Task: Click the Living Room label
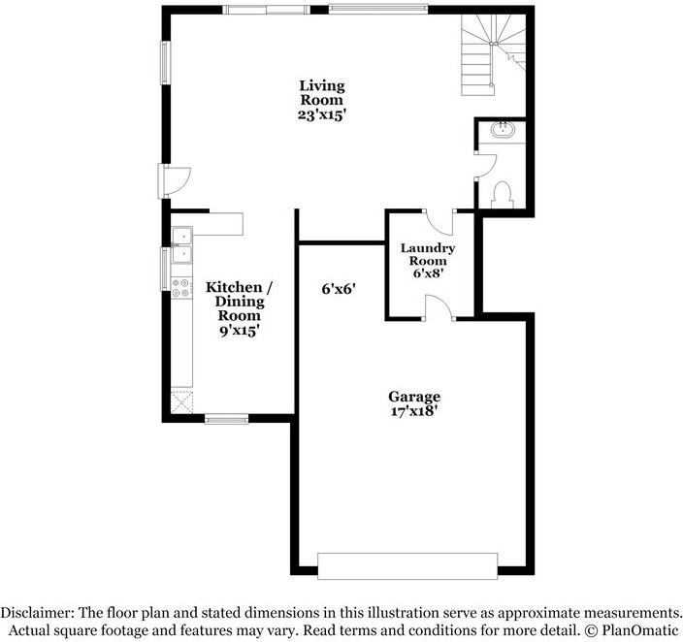click(320, 93)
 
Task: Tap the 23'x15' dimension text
click(322, 114)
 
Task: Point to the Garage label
click(414, 397)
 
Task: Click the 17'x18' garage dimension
click(414, 411)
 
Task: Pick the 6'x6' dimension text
click(341, 288)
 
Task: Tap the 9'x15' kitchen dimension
click(239, 331)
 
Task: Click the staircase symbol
click(491, 58)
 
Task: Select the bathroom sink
click(504, 131)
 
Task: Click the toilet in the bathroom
click(503, 194)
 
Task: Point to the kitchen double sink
click(181, 244)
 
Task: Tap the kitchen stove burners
click(181, 286)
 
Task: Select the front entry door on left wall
click(175, 180)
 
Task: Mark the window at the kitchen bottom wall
click(227, 419)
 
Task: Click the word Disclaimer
click(34, 613)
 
